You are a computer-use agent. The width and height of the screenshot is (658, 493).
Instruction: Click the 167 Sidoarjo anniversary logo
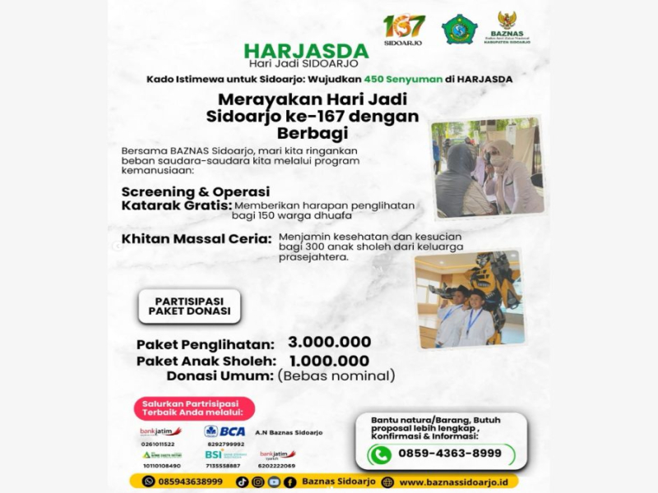404,30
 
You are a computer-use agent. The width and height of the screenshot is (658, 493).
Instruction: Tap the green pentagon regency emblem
459,30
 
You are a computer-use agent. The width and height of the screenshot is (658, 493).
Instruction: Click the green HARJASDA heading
306,50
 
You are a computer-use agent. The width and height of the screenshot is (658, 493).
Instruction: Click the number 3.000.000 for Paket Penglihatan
329,342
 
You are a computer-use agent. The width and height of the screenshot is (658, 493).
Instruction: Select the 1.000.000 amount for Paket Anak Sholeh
329,360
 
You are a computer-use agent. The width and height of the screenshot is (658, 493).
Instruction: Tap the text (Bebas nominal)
336,376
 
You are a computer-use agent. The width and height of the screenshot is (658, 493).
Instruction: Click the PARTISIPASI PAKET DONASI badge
189,305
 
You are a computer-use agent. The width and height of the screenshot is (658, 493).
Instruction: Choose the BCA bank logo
225,431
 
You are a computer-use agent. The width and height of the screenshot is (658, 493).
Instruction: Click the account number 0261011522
157,444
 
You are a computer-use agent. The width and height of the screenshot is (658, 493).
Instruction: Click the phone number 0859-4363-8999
450,454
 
